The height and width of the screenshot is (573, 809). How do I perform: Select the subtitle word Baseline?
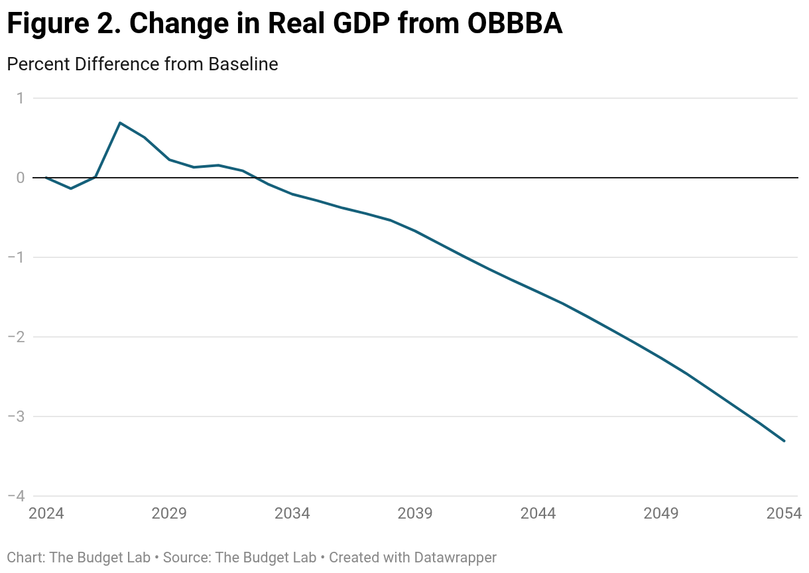click(x=243, y=64)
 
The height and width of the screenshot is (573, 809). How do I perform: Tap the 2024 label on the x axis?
click(x=46, y=514)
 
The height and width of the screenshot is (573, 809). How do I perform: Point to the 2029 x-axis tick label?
click(x=169, y=514)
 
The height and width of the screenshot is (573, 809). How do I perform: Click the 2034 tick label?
click(x=292, y=514)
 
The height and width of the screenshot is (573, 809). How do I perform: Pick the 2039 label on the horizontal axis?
click(x=415, y=514)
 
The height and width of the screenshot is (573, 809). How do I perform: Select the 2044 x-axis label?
click(x=538, y=514)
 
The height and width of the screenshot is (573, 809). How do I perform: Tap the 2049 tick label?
click(x=661, y=514)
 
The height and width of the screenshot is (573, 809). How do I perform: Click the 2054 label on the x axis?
click(x=784, y=514)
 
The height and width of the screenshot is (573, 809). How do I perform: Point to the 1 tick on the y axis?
click(x=20, y=98)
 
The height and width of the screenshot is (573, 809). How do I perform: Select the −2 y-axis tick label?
click(x=16, y=337)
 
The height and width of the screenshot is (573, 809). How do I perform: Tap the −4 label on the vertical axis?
click(x=16, y=496)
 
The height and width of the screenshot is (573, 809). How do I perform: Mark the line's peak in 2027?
click(x=120, y=123)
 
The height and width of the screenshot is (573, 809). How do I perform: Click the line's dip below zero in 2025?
click(x=71, y=188)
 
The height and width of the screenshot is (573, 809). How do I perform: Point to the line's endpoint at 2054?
click(x=784, y=441)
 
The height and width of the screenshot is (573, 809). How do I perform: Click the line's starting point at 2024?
click(x=46, y=178)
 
